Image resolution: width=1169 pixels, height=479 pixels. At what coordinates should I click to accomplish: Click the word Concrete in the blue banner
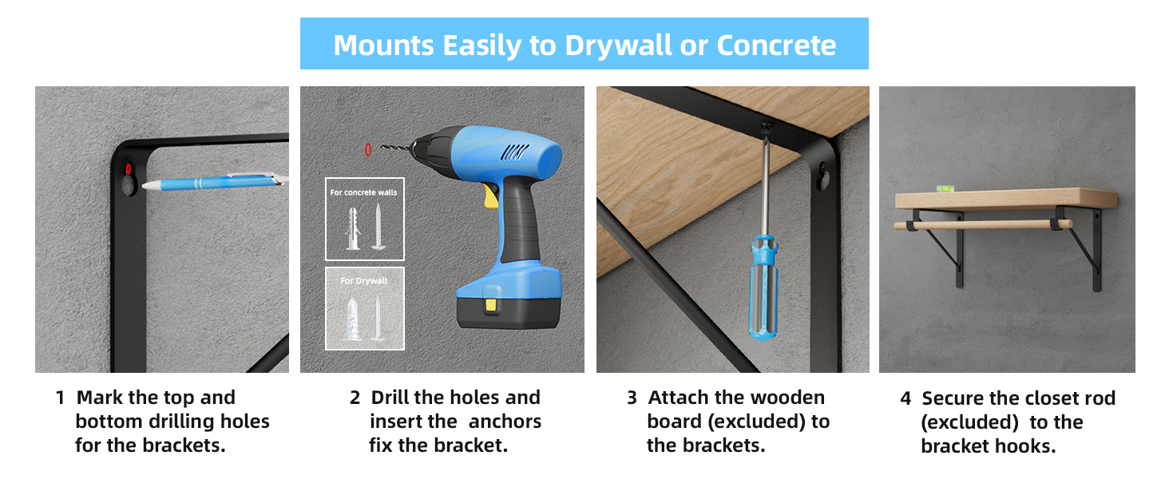point(776,46)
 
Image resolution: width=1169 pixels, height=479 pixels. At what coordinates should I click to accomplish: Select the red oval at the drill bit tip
point(367,149)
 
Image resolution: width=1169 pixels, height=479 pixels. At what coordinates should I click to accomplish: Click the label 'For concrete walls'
point(364,192)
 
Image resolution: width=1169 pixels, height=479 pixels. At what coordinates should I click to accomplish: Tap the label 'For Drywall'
point(364,281)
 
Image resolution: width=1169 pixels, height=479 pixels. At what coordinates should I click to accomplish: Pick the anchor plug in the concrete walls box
point(351,229)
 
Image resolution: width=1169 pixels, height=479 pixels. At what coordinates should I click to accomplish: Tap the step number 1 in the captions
point(60,398)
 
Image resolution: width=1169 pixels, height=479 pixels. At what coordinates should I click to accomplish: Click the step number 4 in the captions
point(905,398)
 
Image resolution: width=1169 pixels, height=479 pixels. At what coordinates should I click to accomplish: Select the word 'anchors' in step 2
point(505,422)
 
